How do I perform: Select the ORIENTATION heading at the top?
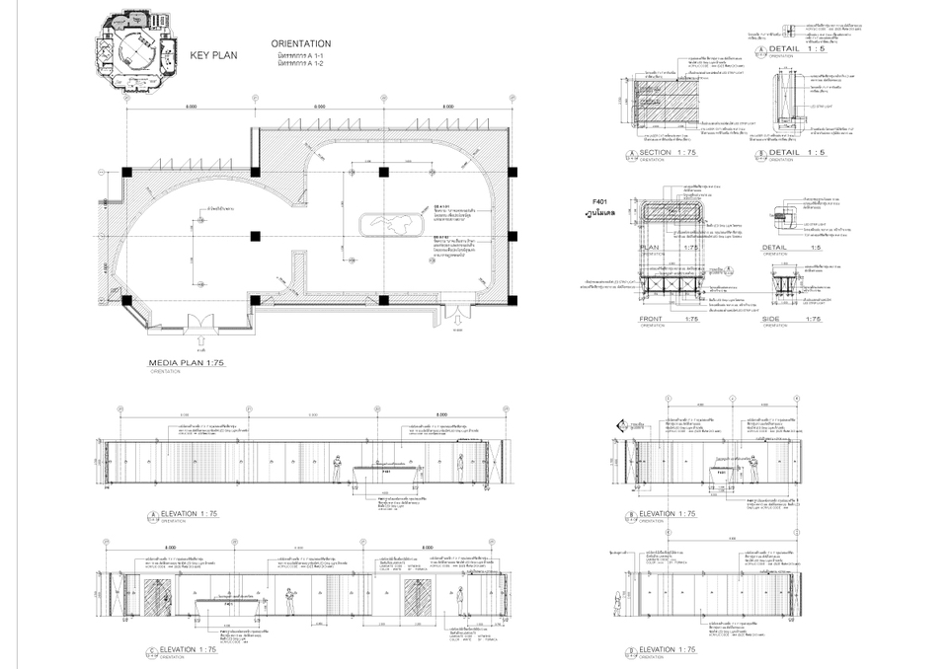click(300, 44)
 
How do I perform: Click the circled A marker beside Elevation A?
click(152, 515)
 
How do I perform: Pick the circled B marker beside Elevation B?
click(631, 515)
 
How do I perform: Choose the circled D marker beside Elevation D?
click(631, 650)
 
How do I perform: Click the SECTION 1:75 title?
click(671, 153)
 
